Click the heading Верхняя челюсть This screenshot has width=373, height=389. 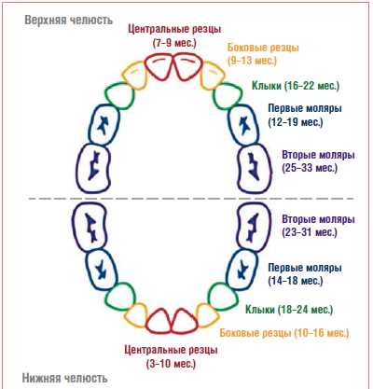pos(68,21)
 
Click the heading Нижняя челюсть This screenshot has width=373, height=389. pos(65,378)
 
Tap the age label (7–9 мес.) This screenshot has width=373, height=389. pos(174,43)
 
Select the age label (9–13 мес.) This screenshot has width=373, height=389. pos(252,61)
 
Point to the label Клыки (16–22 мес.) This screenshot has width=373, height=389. pos(296,86)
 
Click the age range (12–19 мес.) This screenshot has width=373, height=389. pos(296,122)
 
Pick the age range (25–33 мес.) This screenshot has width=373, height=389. pos(310,168)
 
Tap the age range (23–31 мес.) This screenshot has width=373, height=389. pos(310,232)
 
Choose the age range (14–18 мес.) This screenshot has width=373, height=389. pos(296,281)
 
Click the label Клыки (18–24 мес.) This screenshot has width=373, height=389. pos(289,310)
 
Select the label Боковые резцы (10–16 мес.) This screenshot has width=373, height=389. pos(284,333)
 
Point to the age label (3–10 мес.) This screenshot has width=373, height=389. pos(171,363)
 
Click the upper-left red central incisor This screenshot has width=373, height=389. pos(159,68)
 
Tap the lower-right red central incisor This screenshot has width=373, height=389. pos(185,321)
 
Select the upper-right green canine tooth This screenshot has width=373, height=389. pos(228,96)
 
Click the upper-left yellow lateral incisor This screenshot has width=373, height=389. pos(133,76)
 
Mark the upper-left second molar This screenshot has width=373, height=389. pos(93,168)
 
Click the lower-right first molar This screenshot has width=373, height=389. pos(242,270)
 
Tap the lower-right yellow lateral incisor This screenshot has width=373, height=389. pos(208,315)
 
